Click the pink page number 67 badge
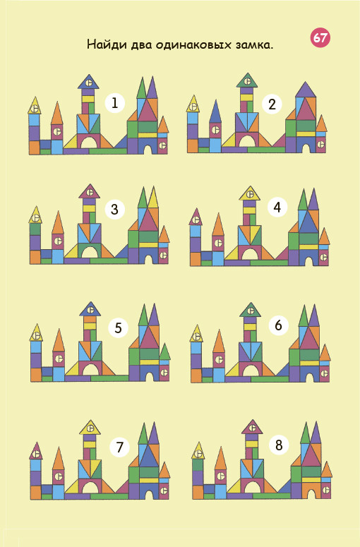pyautogui.click(x=320, y=37)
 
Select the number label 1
pyautogui.click(x=115, y=103)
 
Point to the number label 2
pyautogui.click(x=272, y=104)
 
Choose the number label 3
pyautogui.click(x=115, y=210)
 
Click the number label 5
pyautogui.click(x=119, y=328)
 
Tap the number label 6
pyautogui.click(x=278, y=325)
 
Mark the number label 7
pyautogui.click(x=119, y=447)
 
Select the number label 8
pyautogui.click(x=279, y=445)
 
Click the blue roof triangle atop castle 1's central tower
pyautogui.click(x=89, y=83)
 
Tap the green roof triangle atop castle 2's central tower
pyautogui.click(x=247, y=81)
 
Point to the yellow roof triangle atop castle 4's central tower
pyautogui.click(x=250, y=193)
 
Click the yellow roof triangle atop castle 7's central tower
pyautogui.click(x=90, y=428)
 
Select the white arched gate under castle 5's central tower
pyautogui.click(x=90, y=370)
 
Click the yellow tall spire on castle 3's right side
pyautogui.click(x=152, y=198)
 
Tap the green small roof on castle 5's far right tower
pyautogui.click(x=164, y=353)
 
